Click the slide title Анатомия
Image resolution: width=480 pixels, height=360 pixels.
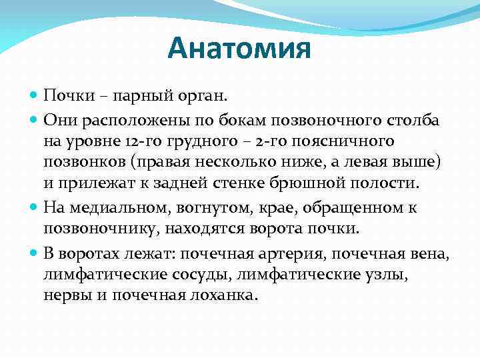pos(239,49)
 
